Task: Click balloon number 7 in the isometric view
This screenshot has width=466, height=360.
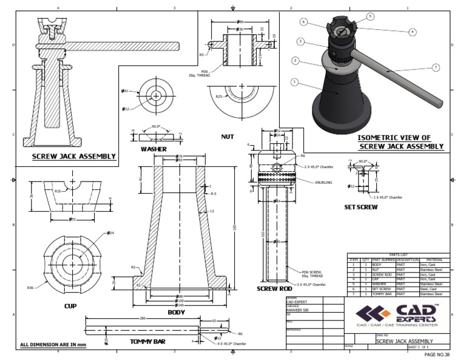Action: point(436,67)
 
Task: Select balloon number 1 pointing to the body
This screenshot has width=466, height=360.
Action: point(294,81)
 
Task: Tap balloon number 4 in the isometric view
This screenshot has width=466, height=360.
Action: point(412,32)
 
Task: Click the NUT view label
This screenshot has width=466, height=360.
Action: point(228,137)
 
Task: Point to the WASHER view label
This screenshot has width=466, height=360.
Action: point(154,149)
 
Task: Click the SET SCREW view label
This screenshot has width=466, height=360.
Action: point(361,207)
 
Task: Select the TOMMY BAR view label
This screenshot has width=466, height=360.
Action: point(147,342)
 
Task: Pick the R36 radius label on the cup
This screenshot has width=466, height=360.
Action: point(30,287)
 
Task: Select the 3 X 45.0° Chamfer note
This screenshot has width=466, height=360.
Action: point(311,284)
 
